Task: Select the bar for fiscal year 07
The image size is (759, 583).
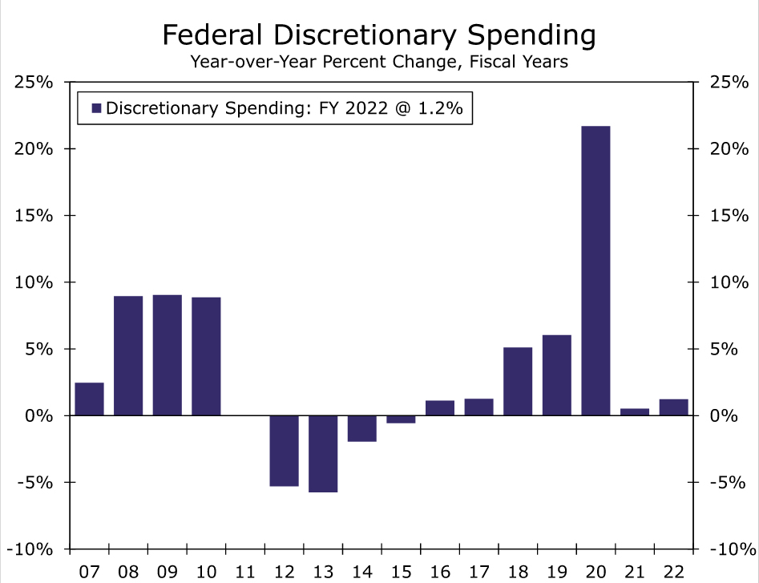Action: point(89,399)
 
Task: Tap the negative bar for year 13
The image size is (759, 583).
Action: point(323,453)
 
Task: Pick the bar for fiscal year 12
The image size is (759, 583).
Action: point(284,451)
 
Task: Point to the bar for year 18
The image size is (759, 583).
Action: point(518,382)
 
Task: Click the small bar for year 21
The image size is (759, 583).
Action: point(635,412)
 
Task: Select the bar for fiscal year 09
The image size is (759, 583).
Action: point(168,355)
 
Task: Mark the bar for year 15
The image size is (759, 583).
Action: point(401,419)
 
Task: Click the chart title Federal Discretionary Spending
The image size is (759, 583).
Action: point(379,35)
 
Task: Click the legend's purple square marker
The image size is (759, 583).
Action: point(96,108)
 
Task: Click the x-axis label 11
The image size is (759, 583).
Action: point(245,572)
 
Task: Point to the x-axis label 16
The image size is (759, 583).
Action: point(440,572)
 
